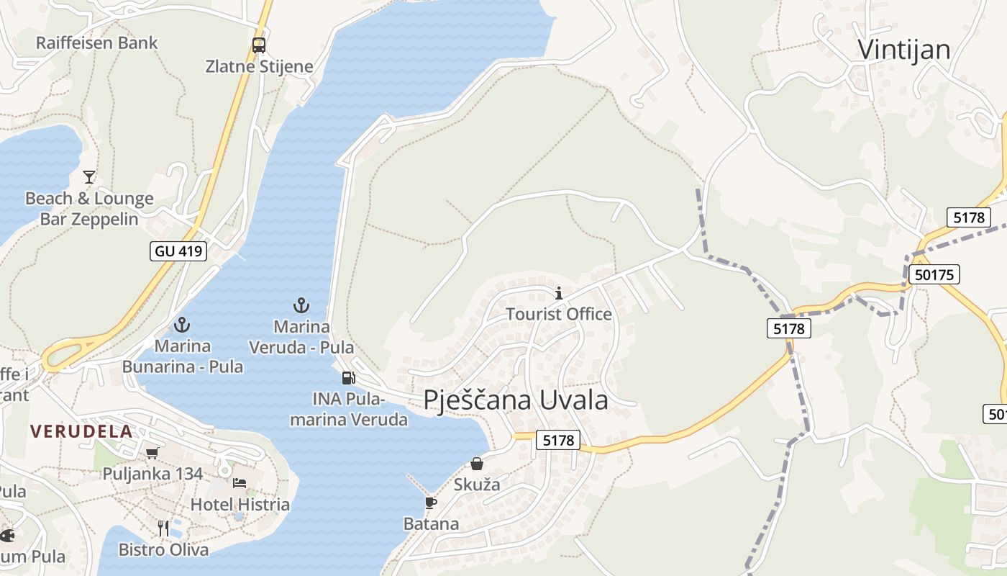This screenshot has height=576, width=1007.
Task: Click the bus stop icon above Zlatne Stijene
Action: click(x=259, y=45)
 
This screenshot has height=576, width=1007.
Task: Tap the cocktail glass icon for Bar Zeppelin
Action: click(x=89, y=176)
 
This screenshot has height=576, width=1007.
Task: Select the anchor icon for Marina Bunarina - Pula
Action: click(x=182, y=325)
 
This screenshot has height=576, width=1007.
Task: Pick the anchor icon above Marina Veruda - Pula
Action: click(x=301, y=305)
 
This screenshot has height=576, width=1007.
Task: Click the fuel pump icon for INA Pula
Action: click(x=348, y=378)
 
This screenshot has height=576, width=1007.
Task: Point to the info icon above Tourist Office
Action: click(x=559, y=293)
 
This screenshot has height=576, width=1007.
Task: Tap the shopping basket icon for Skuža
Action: click(x=477, y=464)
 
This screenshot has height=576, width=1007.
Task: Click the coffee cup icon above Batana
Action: click(x=431, y=503)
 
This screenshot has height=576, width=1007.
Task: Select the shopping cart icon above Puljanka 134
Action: click(x=152, y=453)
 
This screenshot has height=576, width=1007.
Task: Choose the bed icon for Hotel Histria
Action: click(x=240, y=482)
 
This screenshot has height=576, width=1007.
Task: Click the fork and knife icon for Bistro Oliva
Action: click(x=163, y=528)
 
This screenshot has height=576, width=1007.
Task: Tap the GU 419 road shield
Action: click(x=178, y=251)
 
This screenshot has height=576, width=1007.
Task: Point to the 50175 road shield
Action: click(x=934, y=274)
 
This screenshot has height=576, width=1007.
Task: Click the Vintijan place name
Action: click(x=904, y=49)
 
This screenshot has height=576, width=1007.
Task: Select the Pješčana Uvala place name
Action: click(x=516, y=400)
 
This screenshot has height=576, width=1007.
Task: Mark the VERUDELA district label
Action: click(x=81, y=432)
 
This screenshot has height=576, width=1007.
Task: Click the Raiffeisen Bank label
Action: click(x=96, y=42)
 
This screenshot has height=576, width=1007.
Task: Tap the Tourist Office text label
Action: click(x=559, y=314)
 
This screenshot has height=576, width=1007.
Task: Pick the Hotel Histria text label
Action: click(x=240, y=504)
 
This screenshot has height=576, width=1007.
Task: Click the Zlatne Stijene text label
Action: click(x=259, y=67)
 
